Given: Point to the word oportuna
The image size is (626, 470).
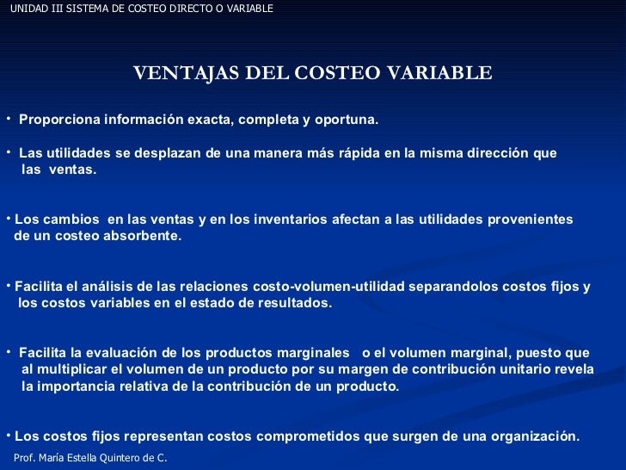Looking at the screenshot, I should tap(348, 119).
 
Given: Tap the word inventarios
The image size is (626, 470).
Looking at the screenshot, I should tap(281, 220).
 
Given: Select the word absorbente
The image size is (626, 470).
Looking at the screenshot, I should tap(144, 236).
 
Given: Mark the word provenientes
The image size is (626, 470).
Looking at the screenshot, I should tap(531, 220).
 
